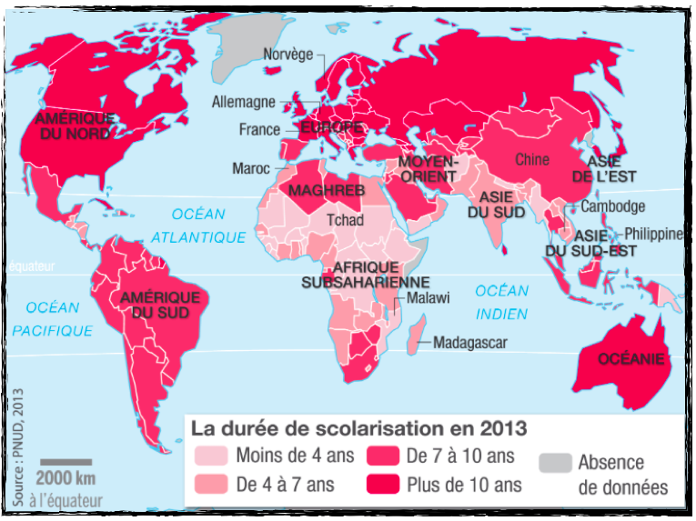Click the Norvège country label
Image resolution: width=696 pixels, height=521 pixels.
[287, 55]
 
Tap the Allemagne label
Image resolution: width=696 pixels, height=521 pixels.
[242, 102]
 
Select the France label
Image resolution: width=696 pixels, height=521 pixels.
[259, 130]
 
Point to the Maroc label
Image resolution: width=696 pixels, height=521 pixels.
[251, 168]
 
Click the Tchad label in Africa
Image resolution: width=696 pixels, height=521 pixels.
[345, 220]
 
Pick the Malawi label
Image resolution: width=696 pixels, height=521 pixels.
[428, 298]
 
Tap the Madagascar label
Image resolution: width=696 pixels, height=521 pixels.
[469, 343]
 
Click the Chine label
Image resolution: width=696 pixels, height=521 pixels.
[532, 160]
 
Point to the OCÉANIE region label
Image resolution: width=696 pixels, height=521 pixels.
[630, 358]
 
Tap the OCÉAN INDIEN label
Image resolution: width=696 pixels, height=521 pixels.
[500, 303]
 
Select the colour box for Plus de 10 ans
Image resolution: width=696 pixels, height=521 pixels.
[382, 485]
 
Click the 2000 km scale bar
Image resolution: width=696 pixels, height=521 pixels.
[66, 462]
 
